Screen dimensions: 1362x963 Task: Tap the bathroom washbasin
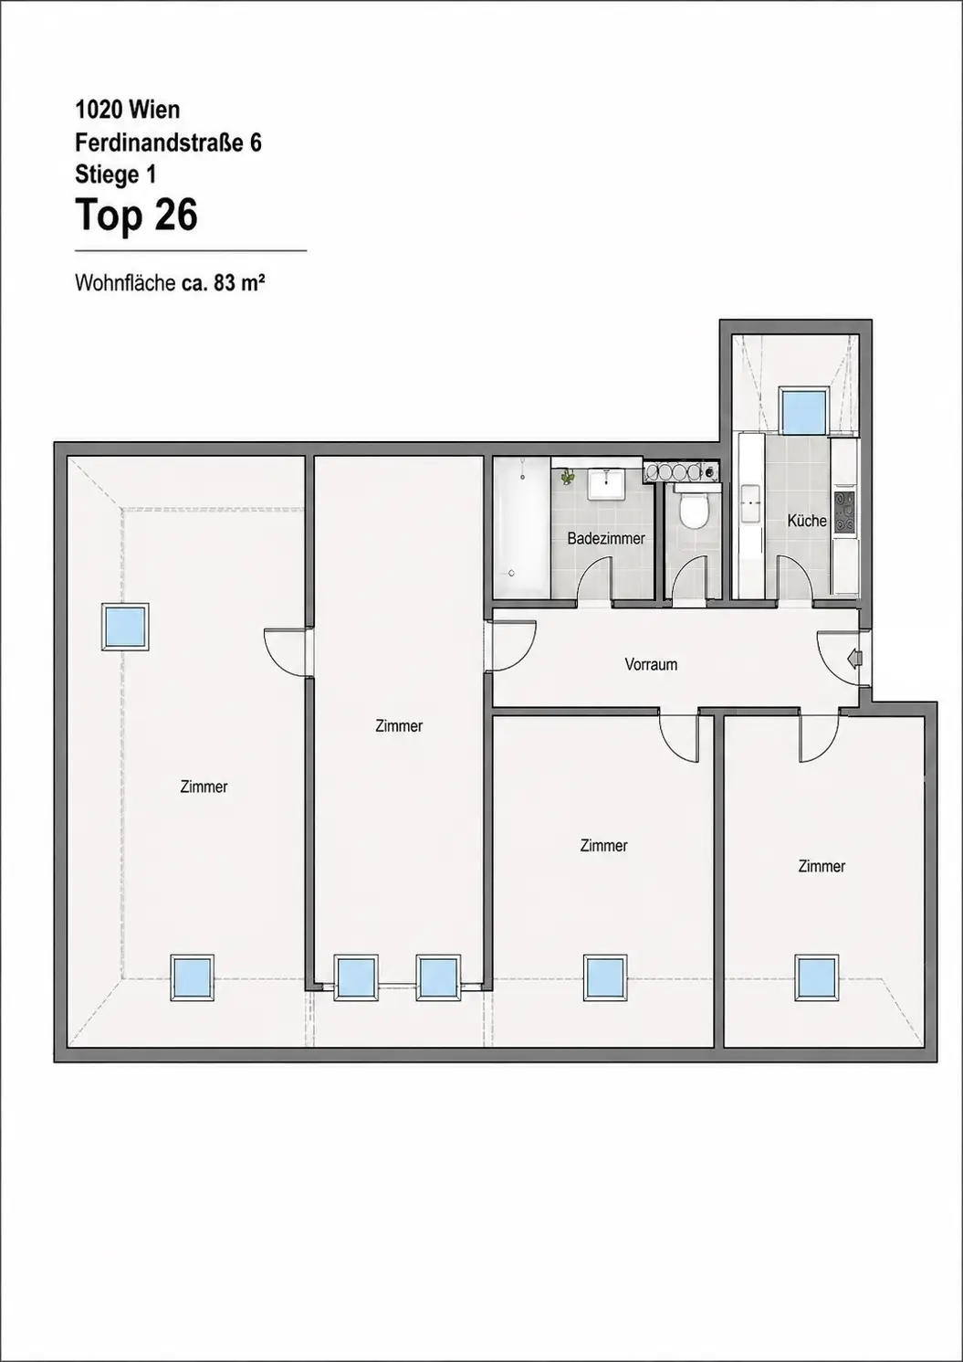(604, 483)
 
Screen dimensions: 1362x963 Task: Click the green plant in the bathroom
(567, 477)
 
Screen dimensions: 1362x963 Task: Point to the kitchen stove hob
(844, 512)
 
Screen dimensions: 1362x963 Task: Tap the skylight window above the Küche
(803, 410)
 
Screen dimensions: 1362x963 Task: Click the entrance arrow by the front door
(854, 658)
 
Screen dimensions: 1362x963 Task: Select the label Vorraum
(651, 665)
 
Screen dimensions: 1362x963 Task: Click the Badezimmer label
(605, 539)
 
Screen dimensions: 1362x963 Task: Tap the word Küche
(807, 521)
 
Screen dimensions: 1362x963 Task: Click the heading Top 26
(136, 216)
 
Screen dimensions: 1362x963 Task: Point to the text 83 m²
(238, 283)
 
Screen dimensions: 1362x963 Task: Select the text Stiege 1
(116, 174)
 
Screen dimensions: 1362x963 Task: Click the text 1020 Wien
(128, 111)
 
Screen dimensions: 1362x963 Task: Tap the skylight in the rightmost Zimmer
(816, 977)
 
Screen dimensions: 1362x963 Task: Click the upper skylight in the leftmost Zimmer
(125, 627)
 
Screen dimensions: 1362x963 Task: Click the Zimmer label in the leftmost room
(204, 787)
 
